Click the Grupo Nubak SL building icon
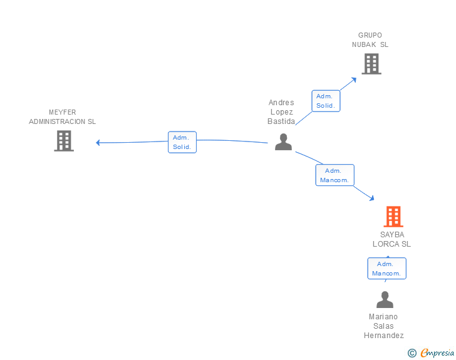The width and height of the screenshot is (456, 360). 371,64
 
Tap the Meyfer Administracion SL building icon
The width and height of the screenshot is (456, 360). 63,141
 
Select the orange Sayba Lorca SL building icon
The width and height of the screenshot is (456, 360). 393,217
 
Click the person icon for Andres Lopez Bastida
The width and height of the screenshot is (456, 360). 283,142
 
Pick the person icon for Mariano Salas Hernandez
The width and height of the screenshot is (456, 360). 385,300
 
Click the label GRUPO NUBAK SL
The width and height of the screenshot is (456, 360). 370,40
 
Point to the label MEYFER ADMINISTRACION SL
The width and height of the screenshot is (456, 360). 63,117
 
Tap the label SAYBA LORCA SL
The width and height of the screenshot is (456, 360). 392,239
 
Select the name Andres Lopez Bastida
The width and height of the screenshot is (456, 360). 281,112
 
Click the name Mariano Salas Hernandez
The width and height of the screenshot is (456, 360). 384,326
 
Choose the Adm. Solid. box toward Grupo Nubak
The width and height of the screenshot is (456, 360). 326,101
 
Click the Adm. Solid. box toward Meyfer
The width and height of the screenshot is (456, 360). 182,142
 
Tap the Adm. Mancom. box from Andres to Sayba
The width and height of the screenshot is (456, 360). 334,175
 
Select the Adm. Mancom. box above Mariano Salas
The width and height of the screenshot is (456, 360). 386,269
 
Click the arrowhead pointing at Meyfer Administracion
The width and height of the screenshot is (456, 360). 98,143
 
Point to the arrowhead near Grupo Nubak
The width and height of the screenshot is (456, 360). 354,79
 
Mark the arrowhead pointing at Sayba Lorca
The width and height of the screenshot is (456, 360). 371,198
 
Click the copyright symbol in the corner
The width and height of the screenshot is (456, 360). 412,353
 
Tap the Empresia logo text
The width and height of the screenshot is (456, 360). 437,353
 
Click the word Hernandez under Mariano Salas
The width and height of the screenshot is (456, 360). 384,336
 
